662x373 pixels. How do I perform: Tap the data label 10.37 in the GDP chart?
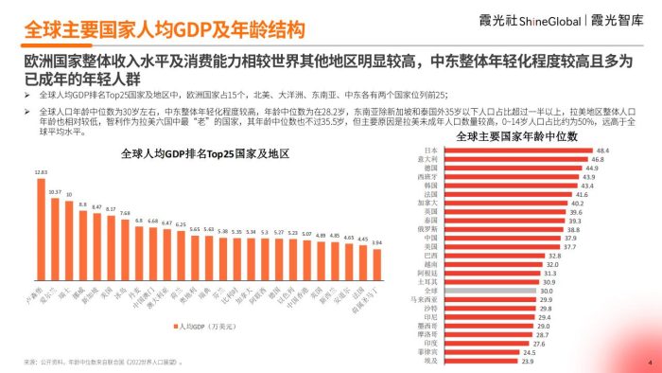(x=55, y=192)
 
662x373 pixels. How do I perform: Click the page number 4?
(x=649, y=363)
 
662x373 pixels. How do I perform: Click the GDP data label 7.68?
(x=125, y=213)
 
